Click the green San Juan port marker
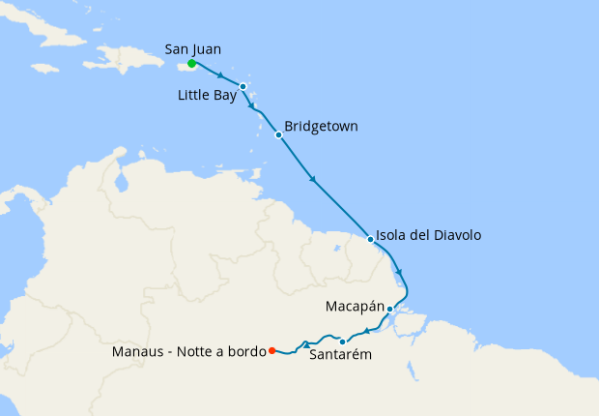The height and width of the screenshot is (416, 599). pyautogui.click(x=192, y=64)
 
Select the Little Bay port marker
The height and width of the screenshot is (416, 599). pyautogui.click(x=243, y=86)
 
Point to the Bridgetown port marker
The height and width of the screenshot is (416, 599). pyautogui.click(x=278, y=134)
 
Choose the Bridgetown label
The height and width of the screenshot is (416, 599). pyautogui.click(x=322, y=127)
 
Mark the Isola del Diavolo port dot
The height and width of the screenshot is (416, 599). pyautogui.click(x=371, y=238)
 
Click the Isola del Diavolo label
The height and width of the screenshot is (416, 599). pyautogui.click(x=430, y=235)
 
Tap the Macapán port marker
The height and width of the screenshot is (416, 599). pyautogui.click(x=389, y=309)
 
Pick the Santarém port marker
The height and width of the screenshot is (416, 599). pyautogui.click(x=343, y=342)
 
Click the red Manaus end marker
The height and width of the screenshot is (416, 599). pyautogui.click(x=272, y=350)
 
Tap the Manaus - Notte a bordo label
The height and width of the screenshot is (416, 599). pyautogui.click(x=189, y=351)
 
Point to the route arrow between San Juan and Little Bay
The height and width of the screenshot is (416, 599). pyautogui.click(x=222, y=76)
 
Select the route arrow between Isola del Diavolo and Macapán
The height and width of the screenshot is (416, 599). pyautogui.click(x=399, y=272)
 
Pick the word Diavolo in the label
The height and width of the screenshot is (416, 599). pyautogui.click(x=453, y=235)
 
